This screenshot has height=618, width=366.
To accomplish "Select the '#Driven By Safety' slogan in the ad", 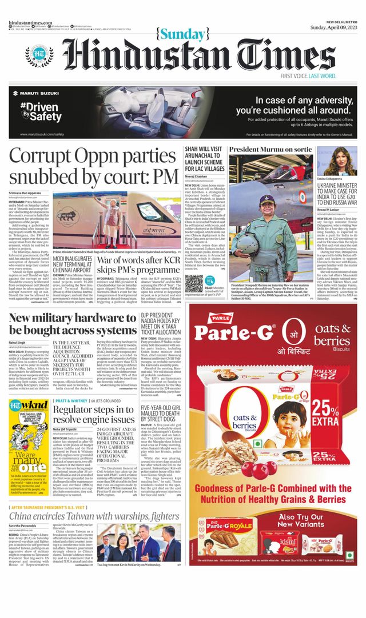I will point(41,111).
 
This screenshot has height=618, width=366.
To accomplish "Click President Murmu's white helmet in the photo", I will point(267,201).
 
